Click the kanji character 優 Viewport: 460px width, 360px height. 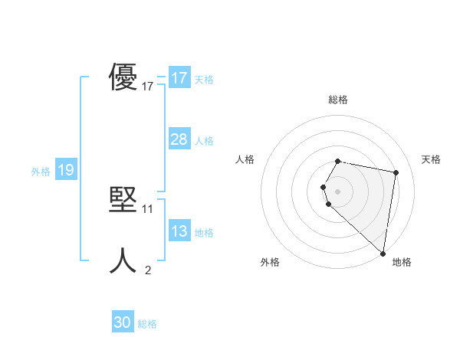pyautogui.click(x=123, y=78)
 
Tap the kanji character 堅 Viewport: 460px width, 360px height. pyautogui.click(x=123, y=201)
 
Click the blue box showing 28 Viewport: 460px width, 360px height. pyautogui.click(x=179, y=139)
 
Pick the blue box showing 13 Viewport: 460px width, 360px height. pyautogui.click(x=179, y=231)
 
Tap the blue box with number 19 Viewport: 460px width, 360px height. pyautogui.click(x=65, y=170)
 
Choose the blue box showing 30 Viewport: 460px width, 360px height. pyautogui.click(x=123, y=322)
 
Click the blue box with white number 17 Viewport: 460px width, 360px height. pyautogui.click(x=179, y=78)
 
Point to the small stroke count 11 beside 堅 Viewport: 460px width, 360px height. pyautogui.click(x=148, y=208)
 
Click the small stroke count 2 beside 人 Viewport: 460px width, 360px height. pyautogui.click(x=148, y=270)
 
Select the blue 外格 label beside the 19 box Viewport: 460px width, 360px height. pyautogui.click(x=41, y=172)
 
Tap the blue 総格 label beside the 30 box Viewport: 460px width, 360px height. pyautogui.click(x=147, y=324)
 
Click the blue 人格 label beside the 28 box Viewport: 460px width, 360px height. pyautogui.click(x=204, y=141)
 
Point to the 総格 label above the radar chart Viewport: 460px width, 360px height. pyautogui.click(x=338, y=100)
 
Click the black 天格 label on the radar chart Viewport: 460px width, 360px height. pyautogui.click(x=431, y=159)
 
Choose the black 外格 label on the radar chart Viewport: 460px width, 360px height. pyautogui.click(x=270, y=262)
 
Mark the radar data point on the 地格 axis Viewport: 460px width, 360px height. pyautogui.click(x=382, y=253)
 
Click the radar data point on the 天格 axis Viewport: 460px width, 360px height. pyautogui.click(x=396, y=172)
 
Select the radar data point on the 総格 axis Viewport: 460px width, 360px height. pyautogui.click(x=338, y=161)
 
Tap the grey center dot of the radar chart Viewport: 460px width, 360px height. pyautogui.click(x=338, y=191)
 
